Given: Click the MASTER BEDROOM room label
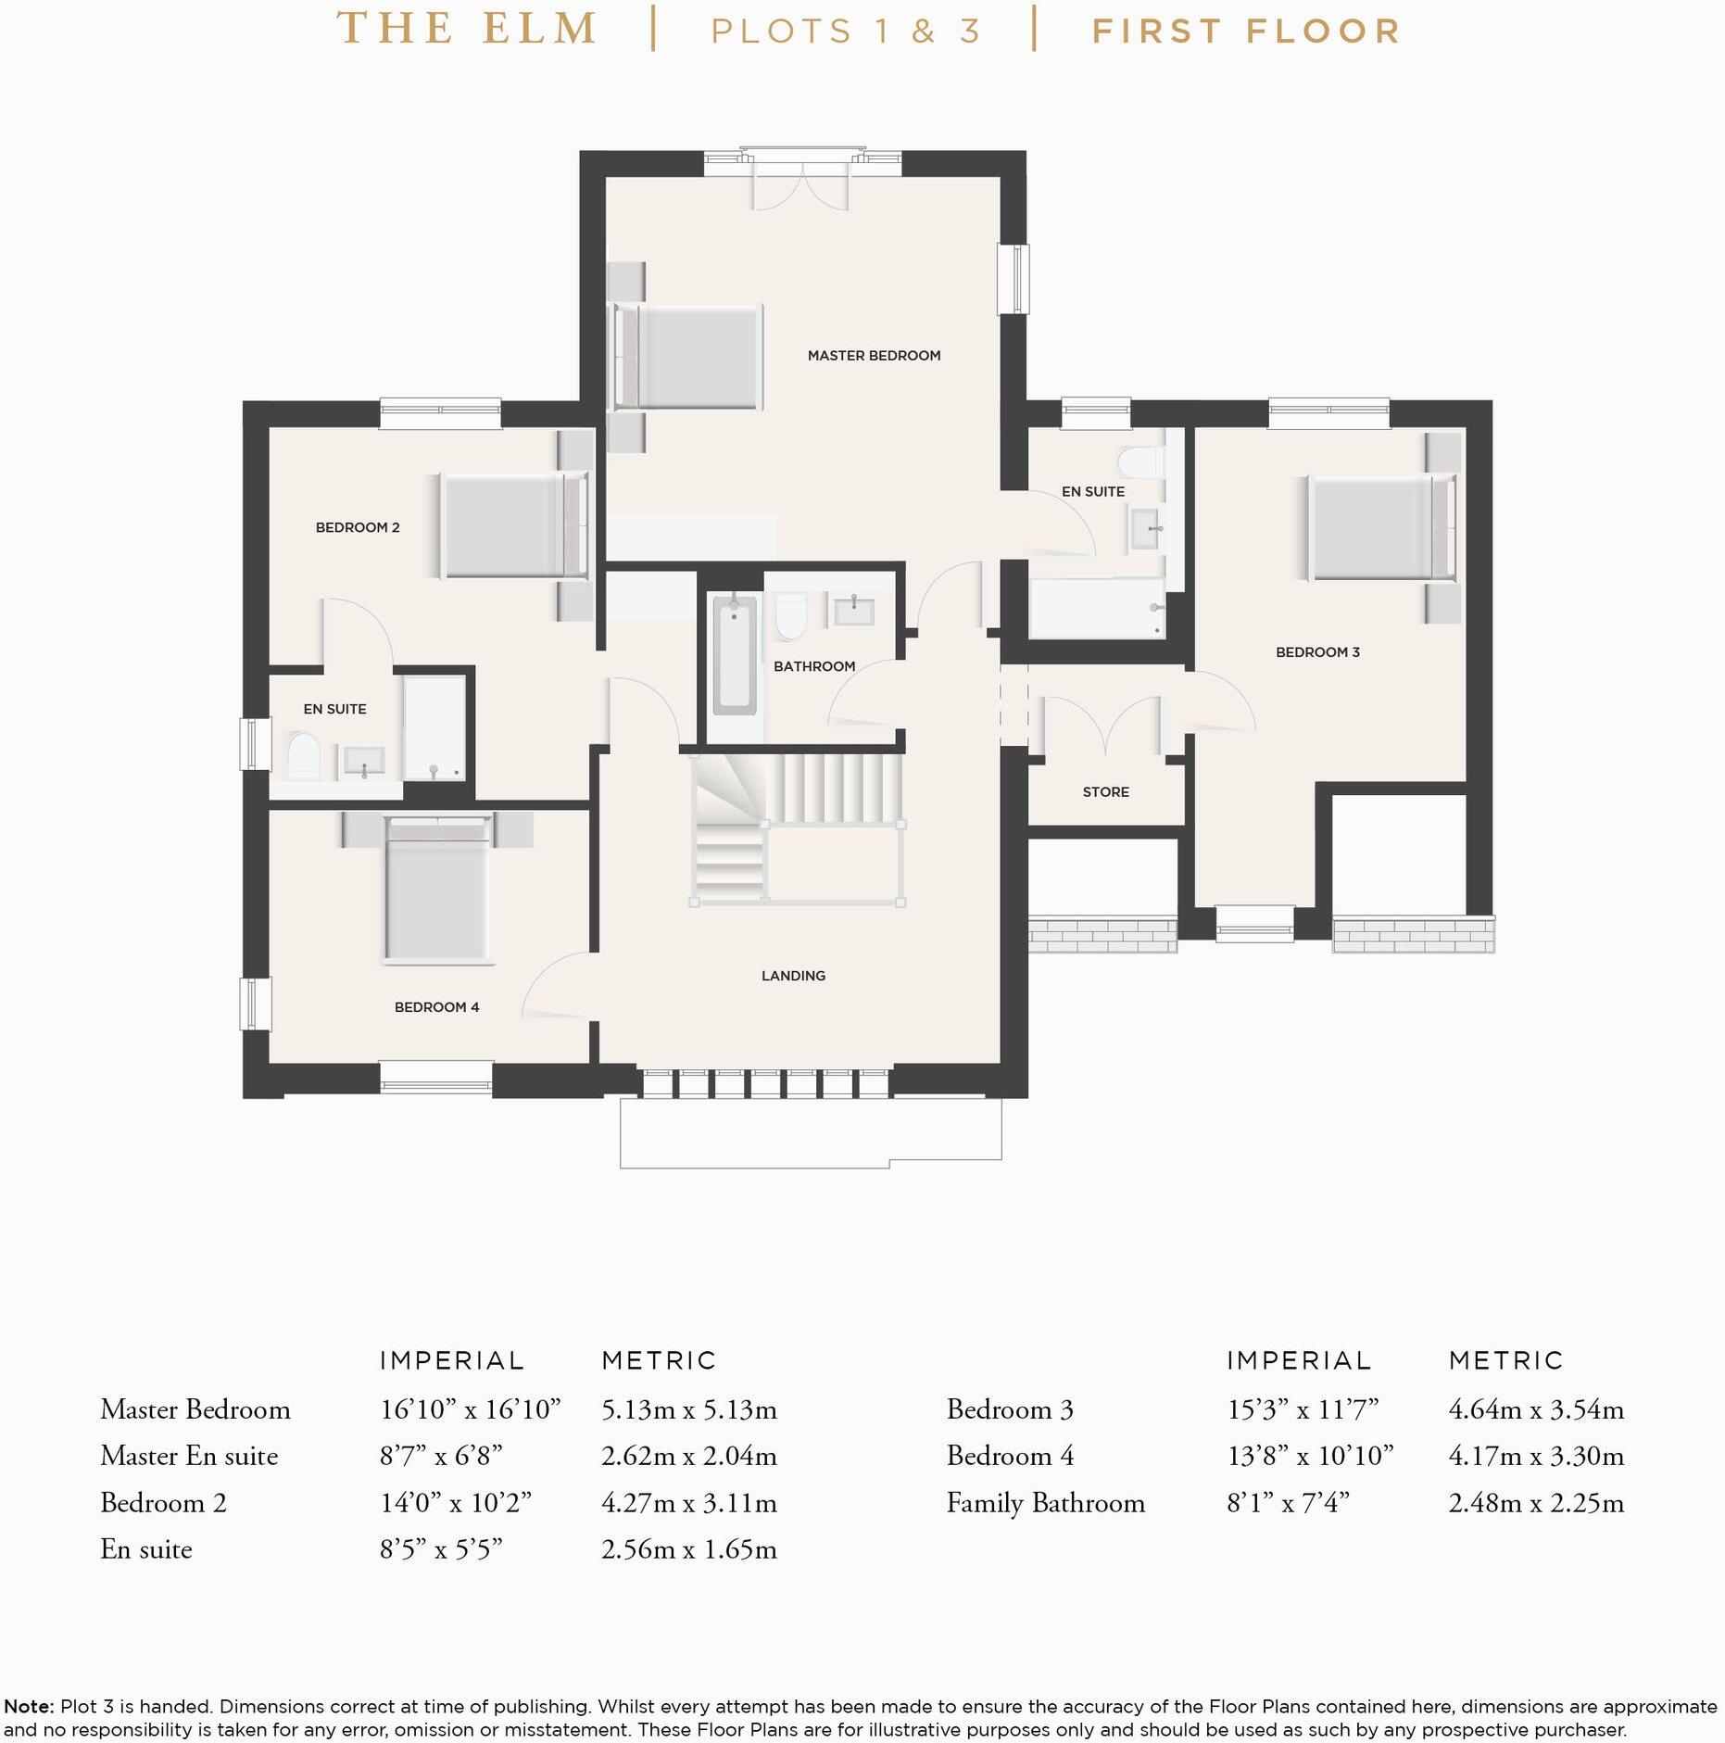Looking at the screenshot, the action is pyautogui.click(x=874, y=355).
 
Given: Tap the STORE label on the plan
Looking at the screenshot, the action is pyautogui.click(x=1106, y=791).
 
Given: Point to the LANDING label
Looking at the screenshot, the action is pyautogui.click(x=793, y=975).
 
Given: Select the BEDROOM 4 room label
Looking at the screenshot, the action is pyautogui.click(x=436, y=1006).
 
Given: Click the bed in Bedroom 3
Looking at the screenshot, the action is pyautogui.click(x=1381, y=527).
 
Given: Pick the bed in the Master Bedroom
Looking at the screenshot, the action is pyautogui.click(x=686, y=357).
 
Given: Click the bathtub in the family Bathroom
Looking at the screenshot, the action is pyautogui.click(x=735, y=655).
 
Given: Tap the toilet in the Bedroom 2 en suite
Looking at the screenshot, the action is pyautogui.click(x=303, y=755).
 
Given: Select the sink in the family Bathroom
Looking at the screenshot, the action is pyautogui.click(x=853, y=611).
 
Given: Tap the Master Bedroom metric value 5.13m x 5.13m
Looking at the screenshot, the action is pyautogui.click(x=688, y=1409).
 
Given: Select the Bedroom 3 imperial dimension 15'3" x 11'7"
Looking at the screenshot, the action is pyautogui.click(x=1303, y=1409).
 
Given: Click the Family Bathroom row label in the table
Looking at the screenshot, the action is pyautogui.click(x=1045, y=1503).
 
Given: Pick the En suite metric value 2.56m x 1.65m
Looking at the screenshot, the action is pyautogui.click(x=688, y=1549).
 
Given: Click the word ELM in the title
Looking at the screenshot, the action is pyautogui.click(x=540, y=29).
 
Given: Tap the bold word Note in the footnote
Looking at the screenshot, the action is pyautogui.click(x=28, y=1706).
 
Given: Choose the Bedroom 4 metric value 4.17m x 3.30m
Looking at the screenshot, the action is pyautogui.click(x=1536, y=1456).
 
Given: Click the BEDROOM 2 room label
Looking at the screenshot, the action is pyautogui.click(x=358, y=527).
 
